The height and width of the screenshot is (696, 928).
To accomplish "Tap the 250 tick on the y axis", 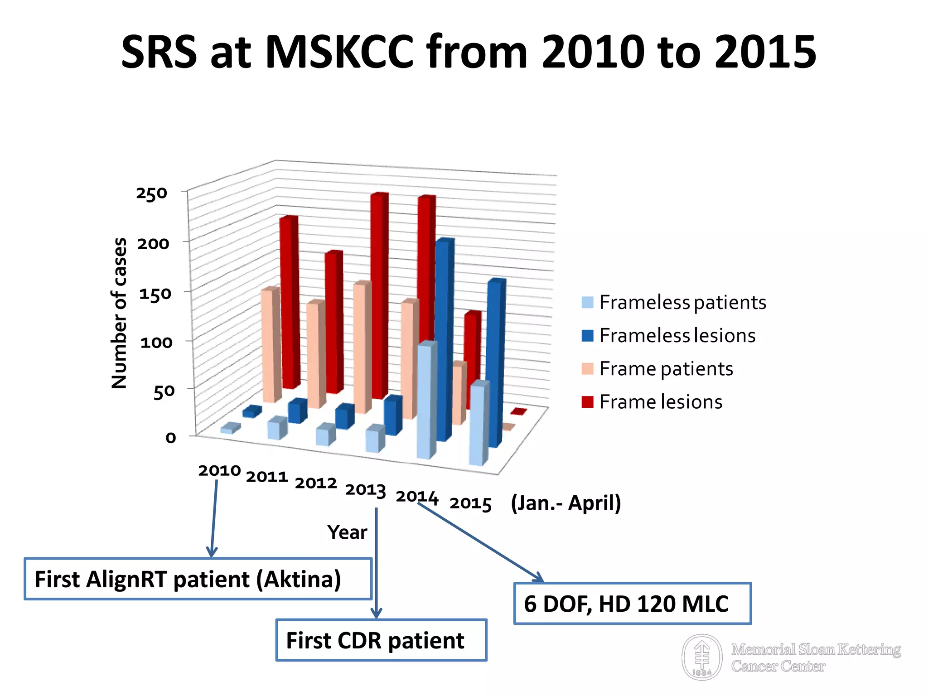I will pyautogui.click(x=152, y=193).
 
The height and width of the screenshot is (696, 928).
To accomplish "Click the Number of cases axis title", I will pyautogui.click(x=119, y=313).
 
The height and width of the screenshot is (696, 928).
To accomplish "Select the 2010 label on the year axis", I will pyautogui.click(x=219, y=470).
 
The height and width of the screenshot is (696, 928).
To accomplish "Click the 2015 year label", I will pyautogui.click(x=470, y=503).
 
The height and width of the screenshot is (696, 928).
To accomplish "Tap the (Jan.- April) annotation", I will pyautogui.click(x=565, y=503).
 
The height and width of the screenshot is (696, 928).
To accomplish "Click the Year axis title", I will pyautogui.click(x=347, y=532).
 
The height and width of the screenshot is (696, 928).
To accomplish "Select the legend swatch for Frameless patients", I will pyautogui.click(x=587, y=302).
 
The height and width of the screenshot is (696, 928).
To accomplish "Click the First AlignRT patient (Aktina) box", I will pyautogui.click(x=198, y=579).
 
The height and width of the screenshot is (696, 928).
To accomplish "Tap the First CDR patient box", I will pyautogui.click(x=381, y=640).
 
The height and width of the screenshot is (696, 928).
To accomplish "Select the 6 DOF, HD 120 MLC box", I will pyautogui.click(x=632, y=604).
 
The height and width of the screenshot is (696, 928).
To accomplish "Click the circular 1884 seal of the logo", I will pyautogui.click(x=702, y=657).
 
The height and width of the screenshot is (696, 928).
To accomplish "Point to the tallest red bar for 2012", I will pyautogui.click(x=379, y=295).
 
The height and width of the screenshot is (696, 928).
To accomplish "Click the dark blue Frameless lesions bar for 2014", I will pyautogui.click(x=444, y=340).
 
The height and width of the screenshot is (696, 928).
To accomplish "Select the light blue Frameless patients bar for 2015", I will pyautogui.click(x=478, y=424).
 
